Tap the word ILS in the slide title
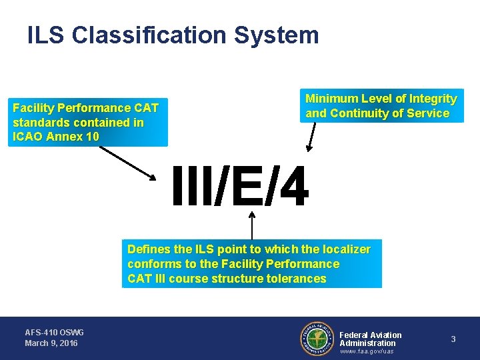(x=46, y=35)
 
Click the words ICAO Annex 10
(x=56, y=137)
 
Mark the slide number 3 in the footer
(x=453, y=339)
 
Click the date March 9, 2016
(x=51, y=343)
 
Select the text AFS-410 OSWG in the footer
(x=54, y=332)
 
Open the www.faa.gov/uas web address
(x=367, y=351)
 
